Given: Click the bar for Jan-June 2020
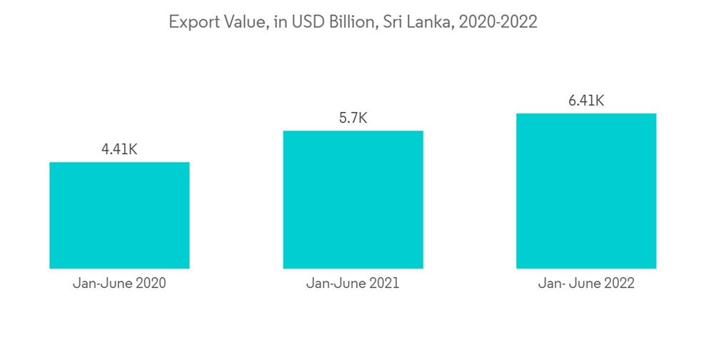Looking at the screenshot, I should pyautogui.click(x=119, y=215).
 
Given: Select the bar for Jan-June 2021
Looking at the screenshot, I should pyautogui.click(x=353, y=199).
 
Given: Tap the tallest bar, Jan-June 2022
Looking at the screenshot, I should pyautogui.click(x=586, y=191).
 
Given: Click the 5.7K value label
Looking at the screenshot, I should pyautogui.click(x=353, y=118).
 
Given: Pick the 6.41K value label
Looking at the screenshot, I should pyautogui.click(x=586, y=101).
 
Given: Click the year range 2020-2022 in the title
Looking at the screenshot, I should pyautogui.click(x=498, y=22).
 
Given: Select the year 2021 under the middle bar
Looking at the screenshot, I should pyautogui.click(x=383, y=283).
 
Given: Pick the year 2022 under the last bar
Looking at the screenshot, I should pyautogui.click(x=618, y=284).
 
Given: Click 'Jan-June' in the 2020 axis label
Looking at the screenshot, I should pyautogui.click(x=102, y=283).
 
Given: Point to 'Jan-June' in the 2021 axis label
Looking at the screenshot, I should pyautogui.click(x=336, y=283).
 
